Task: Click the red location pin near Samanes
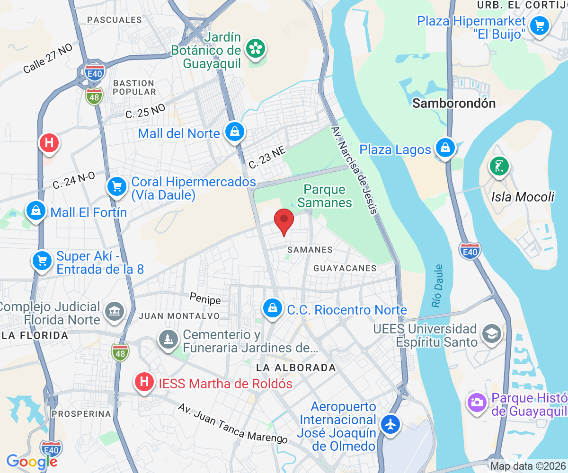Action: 284,220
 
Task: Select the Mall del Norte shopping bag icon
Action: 234,132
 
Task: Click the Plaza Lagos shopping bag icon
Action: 445,148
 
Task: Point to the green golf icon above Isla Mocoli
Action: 499,166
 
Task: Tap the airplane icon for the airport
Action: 390,424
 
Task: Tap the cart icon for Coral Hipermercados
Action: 117,187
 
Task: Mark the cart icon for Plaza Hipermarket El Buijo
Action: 539,25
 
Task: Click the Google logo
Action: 32,461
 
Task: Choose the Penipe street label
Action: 205,299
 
